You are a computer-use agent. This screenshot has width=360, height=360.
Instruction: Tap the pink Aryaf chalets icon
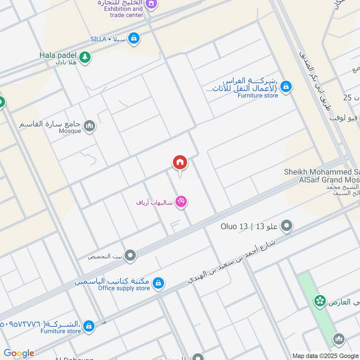(181, 202)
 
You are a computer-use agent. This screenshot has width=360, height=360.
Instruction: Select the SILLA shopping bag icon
(133, 39)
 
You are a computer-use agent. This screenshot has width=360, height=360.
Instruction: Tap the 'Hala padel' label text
(58, 54)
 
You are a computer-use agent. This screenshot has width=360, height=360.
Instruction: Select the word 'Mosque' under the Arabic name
(70, 131)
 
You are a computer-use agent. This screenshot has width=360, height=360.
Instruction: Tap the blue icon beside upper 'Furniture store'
(286, 86)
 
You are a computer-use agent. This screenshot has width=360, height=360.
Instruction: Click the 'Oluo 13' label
(234, 226)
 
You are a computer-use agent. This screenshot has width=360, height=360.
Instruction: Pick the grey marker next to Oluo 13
(286, 225)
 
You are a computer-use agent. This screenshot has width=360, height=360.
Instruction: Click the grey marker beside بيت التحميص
(130, 256)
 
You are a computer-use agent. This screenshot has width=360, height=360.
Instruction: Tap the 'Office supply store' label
(124, 288)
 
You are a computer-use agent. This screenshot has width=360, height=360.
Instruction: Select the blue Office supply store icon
(158, 283)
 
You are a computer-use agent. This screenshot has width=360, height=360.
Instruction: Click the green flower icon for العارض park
(320, 301)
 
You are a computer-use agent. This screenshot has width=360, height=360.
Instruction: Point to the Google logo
(18, 353)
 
